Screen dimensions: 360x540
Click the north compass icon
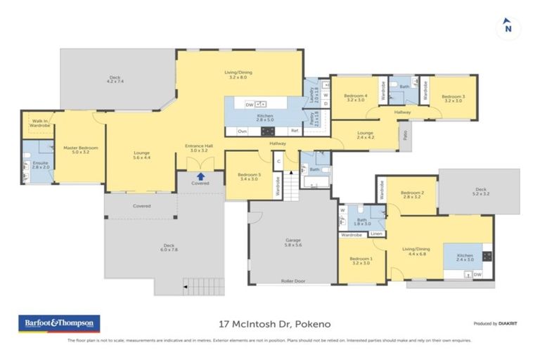coord(508,27)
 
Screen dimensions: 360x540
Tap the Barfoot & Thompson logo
coord(59,323)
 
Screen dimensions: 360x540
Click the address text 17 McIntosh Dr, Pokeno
coord(271,324)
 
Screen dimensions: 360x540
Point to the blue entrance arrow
coord(200,176)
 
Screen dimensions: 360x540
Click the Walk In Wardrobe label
coord(39,123)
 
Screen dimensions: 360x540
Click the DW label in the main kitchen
coord(249,105)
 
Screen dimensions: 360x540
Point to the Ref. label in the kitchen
coord(295,131)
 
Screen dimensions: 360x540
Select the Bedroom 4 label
coord(356,98)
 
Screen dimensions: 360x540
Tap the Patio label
coord(404,131)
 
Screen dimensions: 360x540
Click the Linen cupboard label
coord(376,234)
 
